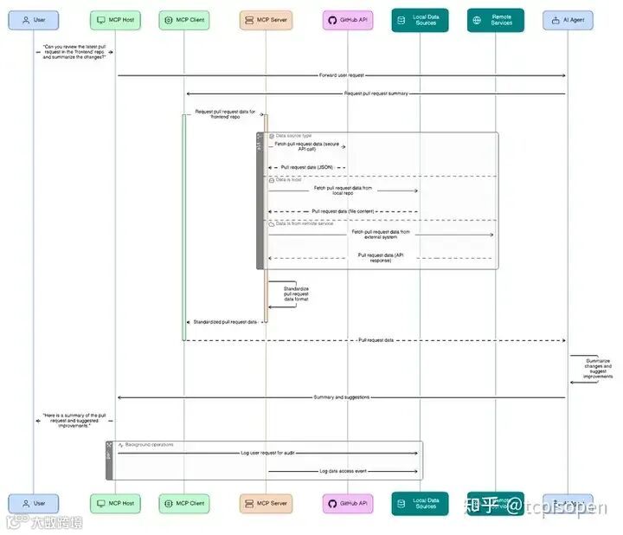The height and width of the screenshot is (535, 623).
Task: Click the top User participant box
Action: pyautogui.click(x=34, y=19)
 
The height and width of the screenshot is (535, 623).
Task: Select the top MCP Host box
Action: pyautogui.click(x=116, y=19)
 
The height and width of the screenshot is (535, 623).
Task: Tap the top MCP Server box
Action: pyautogui.click(x=266, y=19)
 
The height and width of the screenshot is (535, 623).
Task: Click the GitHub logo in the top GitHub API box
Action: pyautogui.click(x=332, y=19)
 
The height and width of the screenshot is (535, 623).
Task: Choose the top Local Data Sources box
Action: pyautogui.click(x=420, y=19)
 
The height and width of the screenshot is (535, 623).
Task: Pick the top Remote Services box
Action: pyautogui.click(x=496, y=19)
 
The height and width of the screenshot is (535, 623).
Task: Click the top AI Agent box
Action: pyautogui.click(x=568, y=19)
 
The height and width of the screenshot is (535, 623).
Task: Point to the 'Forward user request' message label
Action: pyautogui.click(x=342, y=75)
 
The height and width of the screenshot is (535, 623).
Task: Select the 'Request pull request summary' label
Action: pyautogui.click(x=376, y=93)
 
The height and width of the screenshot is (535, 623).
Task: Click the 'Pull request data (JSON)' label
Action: pyautogui.click(x=307, y=167)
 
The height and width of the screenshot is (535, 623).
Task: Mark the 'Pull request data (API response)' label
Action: pyautogui.click(x=375, y=257)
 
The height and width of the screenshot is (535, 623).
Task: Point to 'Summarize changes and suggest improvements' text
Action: pyautogui.click(x=597, y=368)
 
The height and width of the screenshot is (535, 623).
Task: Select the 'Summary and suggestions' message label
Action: pyautogui.click(x=342, y=397)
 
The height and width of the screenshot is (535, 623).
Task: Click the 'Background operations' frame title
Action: pyautogui.click(x=149, y=445)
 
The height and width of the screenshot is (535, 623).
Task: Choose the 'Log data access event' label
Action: pyautogui.click(x=343, y=472)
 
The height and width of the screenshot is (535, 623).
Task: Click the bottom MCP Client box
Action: pyautogui.click(x=183, y=503)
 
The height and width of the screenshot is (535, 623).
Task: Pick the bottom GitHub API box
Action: pyautogui.click(x=348, y=503)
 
